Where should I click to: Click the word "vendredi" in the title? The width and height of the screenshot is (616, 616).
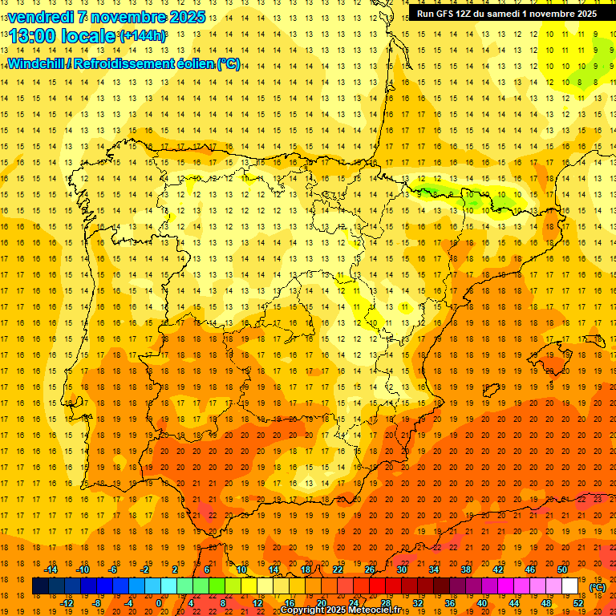pos(43,17)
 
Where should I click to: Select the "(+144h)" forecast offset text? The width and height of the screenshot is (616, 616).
pos(142,36)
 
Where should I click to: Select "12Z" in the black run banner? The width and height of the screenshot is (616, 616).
pos(469,14)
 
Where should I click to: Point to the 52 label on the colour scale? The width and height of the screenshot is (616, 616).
pos(578,603)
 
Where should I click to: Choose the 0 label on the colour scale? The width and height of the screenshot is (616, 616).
pos(159,603)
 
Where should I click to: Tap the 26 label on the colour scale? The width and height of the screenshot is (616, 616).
pos(370,569)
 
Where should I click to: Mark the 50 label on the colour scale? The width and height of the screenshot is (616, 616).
pos(562,569)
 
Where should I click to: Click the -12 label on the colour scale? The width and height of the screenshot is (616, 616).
pos(67,603)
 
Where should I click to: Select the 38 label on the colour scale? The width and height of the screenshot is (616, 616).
pos(466,569)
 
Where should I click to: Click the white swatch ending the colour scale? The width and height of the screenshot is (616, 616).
pos(570,586)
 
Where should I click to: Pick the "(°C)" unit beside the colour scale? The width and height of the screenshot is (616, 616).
pos(598,587)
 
